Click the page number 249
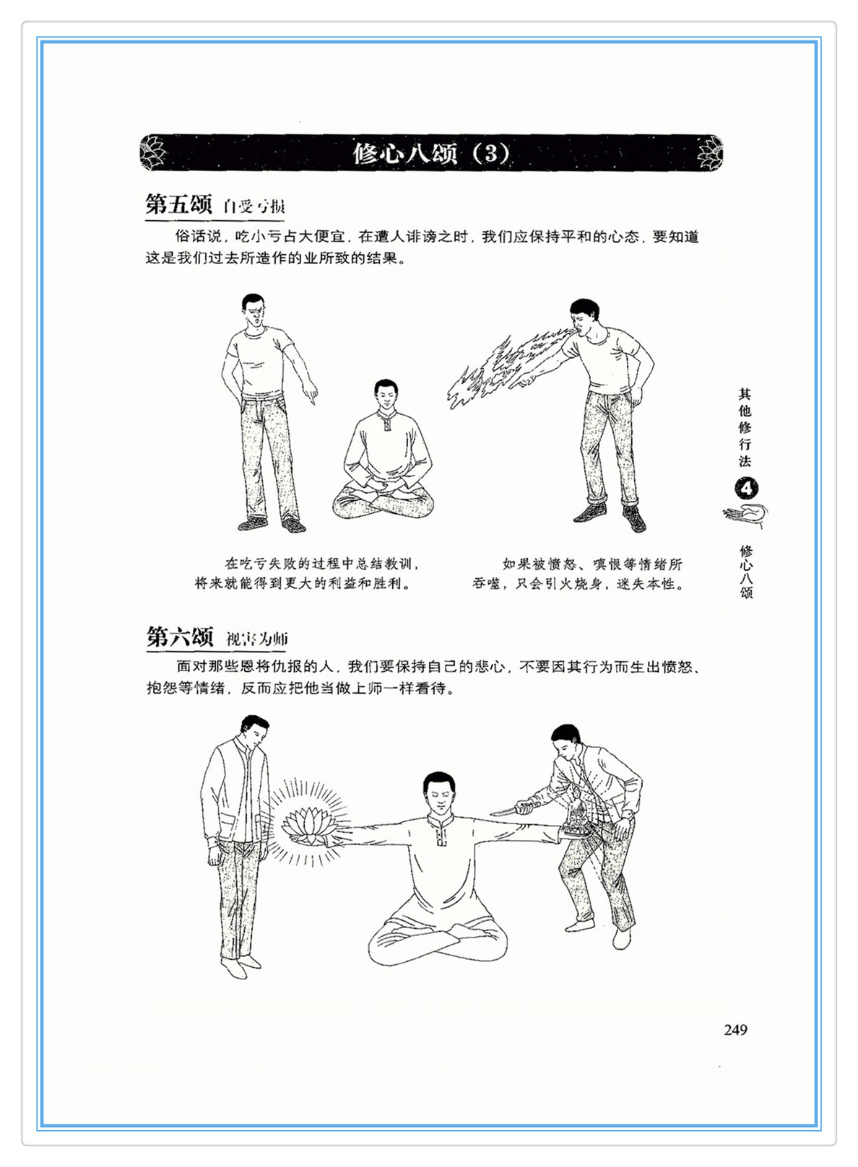point(735,1030)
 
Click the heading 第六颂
point(179,636)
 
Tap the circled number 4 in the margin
point(747,489)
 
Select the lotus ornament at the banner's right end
point(709,153)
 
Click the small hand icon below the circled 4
point(745,515)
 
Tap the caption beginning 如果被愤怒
point(578,574)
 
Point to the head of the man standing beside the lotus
point(254,732)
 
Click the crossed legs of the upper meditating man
point(383,503)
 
